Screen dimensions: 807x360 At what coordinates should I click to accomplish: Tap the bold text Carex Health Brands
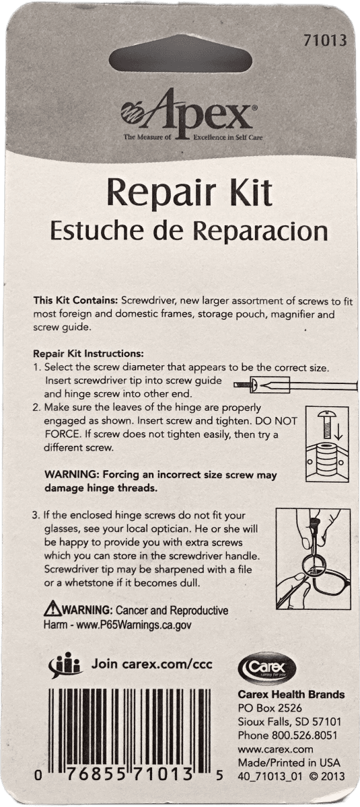(x=291, y=695)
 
